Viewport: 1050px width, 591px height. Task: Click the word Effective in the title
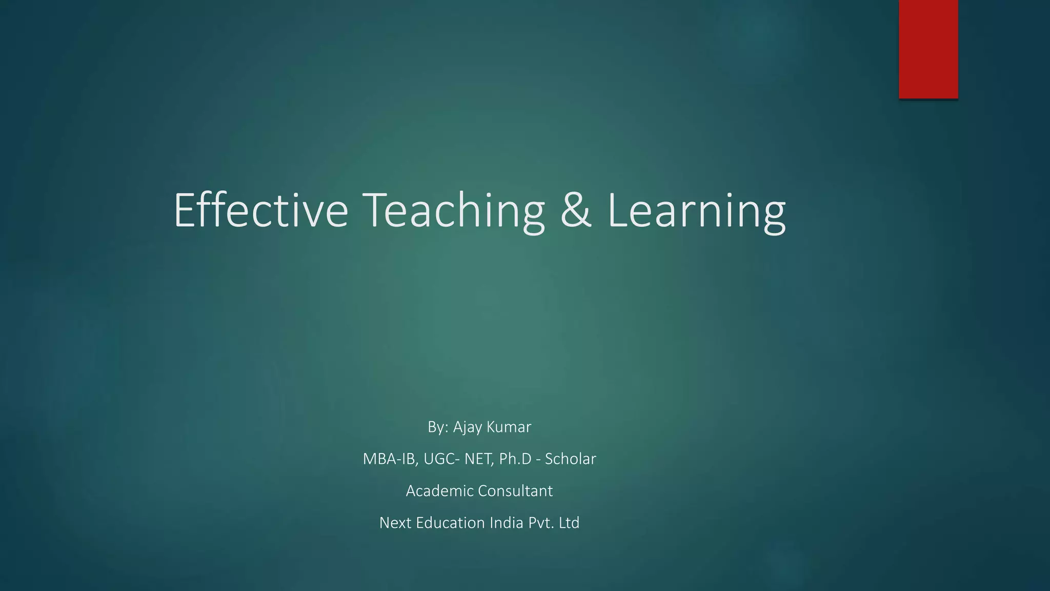pyautogui.click(x=261, y=210)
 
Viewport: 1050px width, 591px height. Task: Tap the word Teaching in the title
pyautogui.click(x=454, y=210)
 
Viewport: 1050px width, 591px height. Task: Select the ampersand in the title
pyautogui.click(x=576, y=210)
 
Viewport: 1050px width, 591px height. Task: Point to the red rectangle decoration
pyautogui.click(x=928, y=49)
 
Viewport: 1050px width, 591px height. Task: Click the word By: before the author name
pyautogui.click(x=438, y=427)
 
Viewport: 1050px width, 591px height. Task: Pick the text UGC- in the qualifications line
pyautogui.click(x=441, y=459)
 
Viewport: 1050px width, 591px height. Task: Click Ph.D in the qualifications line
pyautogui.click(x=515, y=459)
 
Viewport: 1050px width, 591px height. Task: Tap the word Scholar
pyautogui.click(x=570, y=459)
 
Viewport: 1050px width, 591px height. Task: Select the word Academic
pyautogui.click(x=439, y=491)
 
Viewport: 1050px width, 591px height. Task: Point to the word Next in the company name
pyautogui.click(x=395, y=523)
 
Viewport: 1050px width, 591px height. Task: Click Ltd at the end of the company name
pyautogui.click(x=569, y=523)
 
